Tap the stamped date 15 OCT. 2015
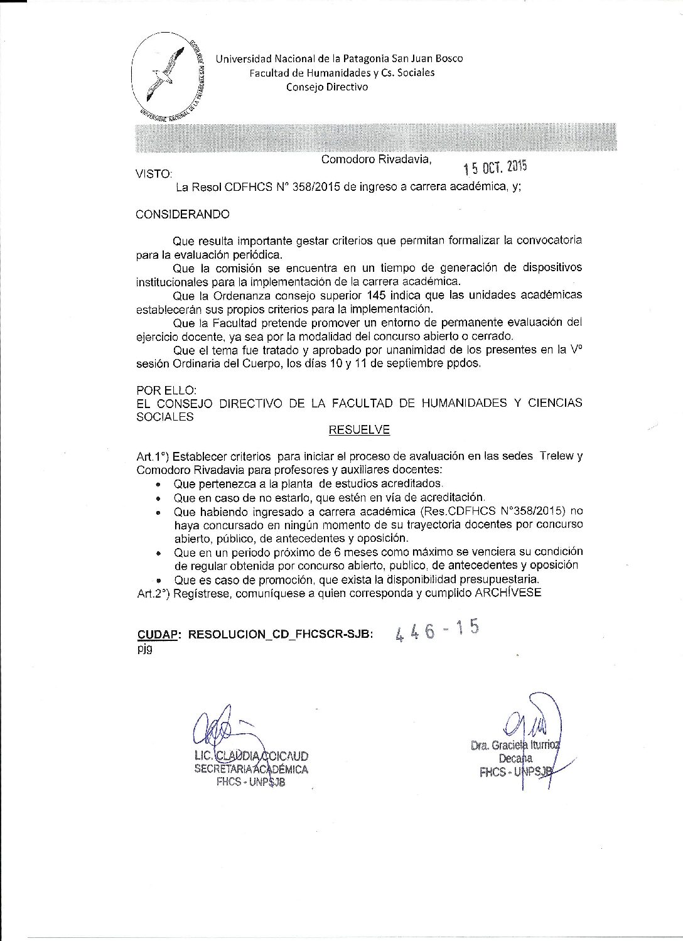(x=495, y=167)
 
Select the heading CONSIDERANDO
(x=183, y=214)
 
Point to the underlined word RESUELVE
(x=359, y=430)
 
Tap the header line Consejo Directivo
(x=327, y=87)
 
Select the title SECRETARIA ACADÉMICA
(x=251, y=768)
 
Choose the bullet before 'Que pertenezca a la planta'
(x=160, y=484)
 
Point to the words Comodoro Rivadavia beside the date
(x=376, y=159)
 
